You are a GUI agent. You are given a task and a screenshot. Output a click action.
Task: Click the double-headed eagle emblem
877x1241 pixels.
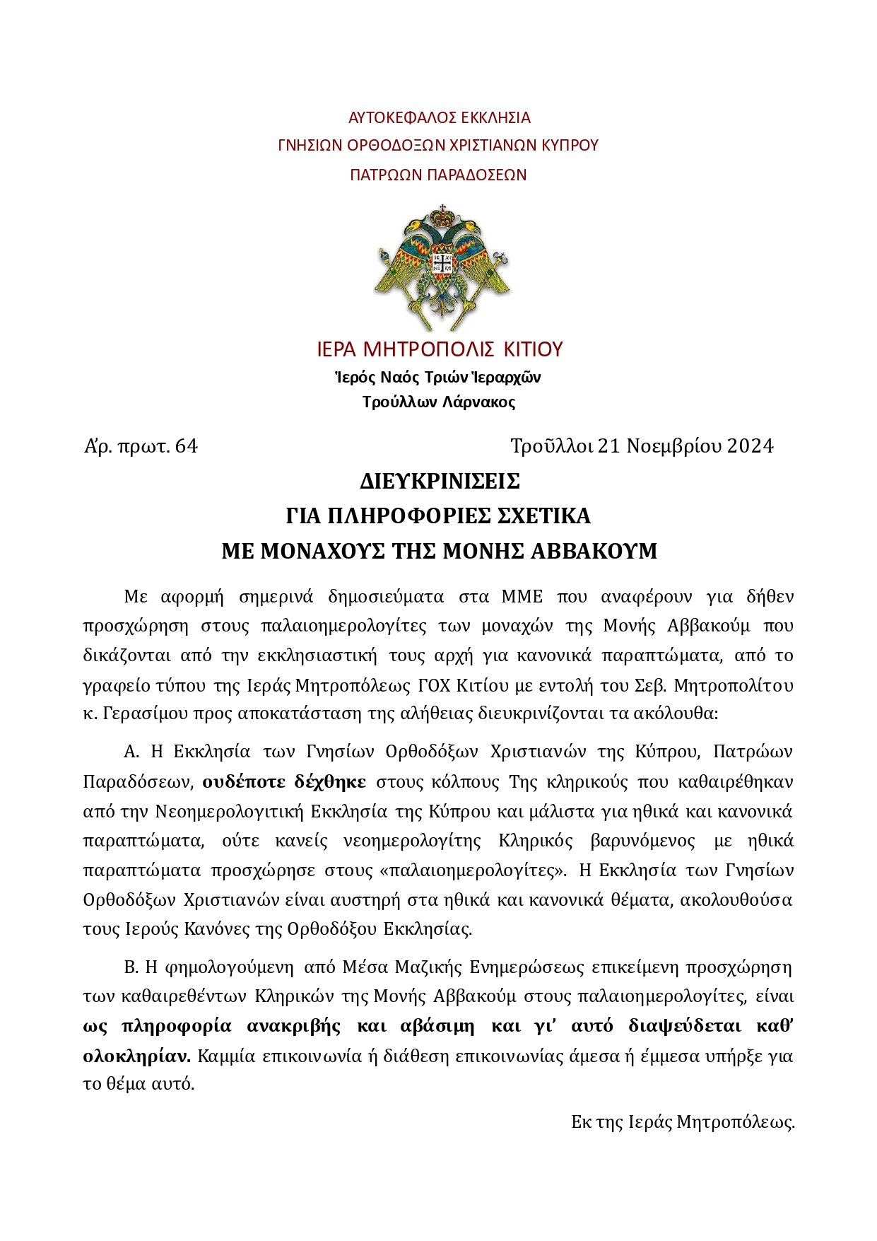pos(442,267)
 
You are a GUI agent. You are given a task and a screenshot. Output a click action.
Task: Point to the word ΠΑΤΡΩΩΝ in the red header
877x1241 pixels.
pos(383,175)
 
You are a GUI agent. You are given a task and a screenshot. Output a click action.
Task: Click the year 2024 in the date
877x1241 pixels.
pos(751,446)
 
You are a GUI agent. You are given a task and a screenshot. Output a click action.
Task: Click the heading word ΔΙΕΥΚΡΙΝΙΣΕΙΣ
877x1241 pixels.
pos(440,482)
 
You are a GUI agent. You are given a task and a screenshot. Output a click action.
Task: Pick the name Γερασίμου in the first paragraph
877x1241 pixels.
pos(145,713)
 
